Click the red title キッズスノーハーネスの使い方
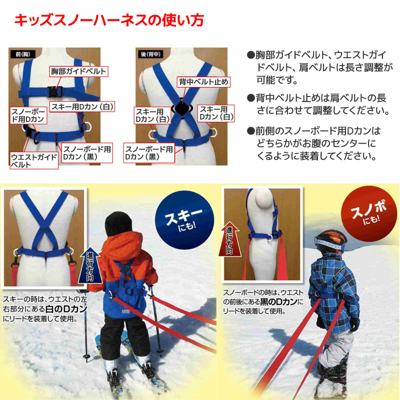click(109, 20)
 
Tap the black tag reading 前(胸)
click(23, 54)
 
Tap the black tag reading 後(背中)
click(150, 54)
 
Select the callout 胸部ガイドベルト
click(78, 71)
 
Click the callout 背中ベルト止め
click(203, 82)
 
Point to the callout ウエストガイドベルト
click(34, 160)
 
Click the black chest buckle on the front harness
click(55, 91)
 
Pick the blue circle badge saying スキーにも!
click(184, 220)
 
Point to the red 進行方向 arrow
click(229, 239)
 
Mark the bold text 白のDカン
click(66, 309)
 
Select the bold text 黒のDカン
click(278, 302)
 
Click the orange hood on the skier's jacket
click(122, 245)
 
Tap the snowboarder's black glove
click(354, 323)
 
